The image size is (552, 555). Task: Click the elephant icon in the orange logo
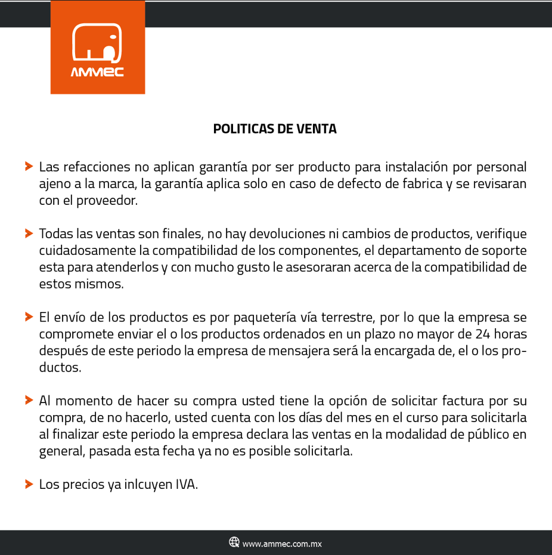click(x=97, y=43)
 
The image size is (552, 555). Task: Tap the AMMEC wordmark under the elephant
click(x=97, y=73)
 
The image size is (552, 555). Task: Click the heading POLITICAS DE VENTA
click(x=275, y=129)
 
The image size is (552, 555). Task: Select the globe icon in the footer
click(x=234, y=542)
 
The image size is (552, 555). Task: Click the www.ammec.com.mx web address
click(x=282, y=543)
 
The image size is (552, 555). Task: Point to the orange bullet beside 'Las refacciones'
click(x=28, y=166)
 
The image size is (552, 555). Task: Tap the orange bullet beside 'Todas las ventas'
click(x=28, y=233)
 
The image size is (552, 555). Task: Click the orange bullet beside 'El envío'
click(x=28, y=317)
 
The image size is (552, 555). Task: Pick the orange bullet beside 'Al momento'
click(x=28, y=400)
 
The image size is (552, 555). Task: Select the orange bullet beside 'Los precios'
click(x=28, y=484)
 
